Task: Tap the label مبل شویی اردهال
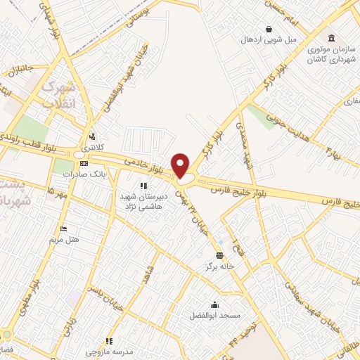(x=269, y=39)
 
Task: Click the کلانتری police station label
(x=92, y=148)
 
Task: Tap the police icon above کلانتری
(x=92, y=136)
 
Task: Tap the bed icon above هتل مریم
(x=64, y=229)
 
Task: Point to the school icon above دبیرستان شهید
(x=143, y=186)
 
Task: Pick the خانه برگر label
(x=219, y=266)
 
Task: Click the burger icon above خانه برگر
(x=220, y=255)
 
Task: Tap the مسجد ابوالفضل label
(x=214, y=315)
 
